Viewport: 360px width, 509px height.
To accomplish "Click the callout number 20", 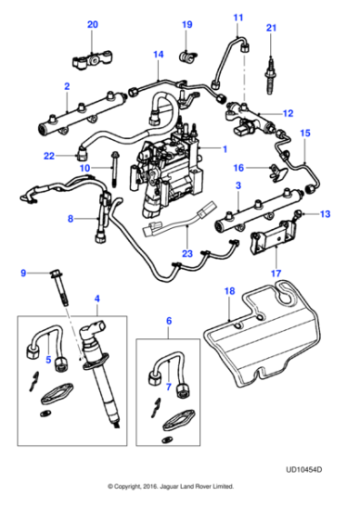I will [92, 25].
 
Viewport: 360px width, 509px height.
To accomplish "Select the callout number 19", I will [187, 25].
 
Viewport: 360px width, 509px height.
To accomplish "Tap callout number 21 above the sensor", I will [270, 29].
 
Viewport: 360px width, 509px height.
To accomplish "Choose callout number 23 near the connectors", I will [187, 254].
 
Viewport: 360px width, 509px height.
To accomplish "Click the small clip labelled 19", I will [188, 59].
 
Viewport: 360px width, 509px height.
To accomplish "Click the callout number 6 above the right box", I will [167, 322].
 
